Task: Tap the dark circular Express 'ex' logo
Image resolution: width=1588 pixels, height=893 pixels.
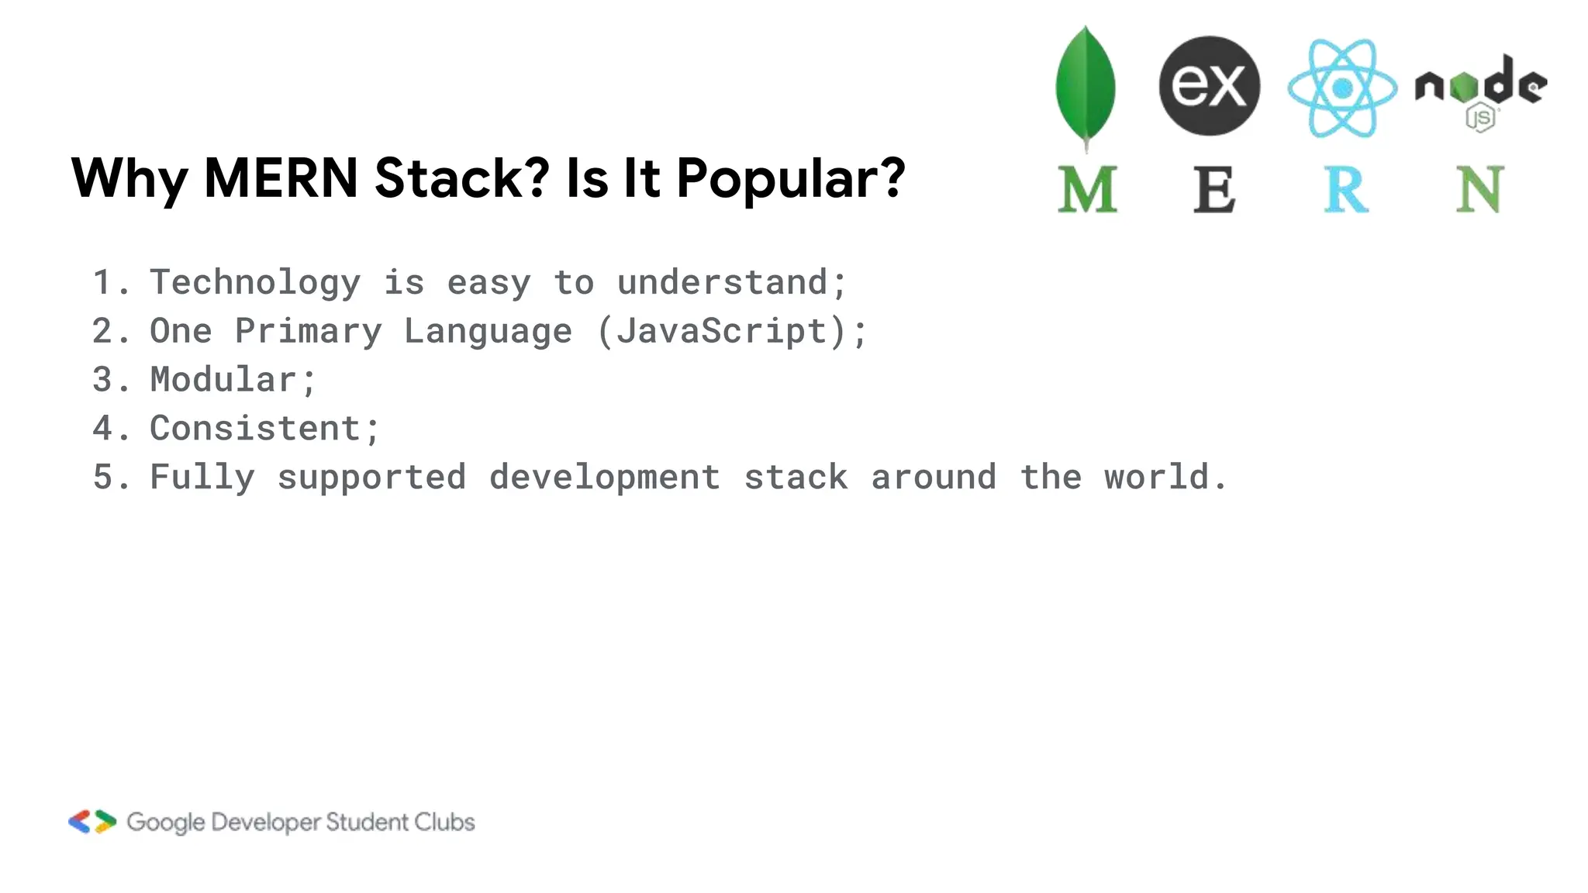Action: point(1209,85)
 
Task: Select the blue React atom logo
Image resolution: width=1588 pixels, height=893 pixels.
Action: point(1342,88)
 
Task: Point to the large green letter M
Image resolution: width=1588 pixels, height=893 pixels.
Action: point(1087,190)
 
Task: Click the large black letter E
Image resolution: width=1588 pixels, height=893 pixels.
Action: point(1213,190)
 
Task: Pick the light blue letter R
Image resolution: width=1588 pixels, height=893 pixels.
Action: point(1345,190)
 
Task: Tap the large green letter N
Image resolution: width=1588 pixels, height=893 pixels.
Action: point(1479,190)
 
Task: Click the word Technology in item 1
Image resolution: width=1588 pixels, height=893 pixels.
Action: point(255,283)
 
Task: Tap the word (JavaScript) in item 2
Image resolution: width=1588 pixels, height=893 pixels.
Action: point(722,332)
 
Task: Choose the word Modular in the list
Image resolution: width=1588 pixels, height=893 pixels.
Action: point(223,380)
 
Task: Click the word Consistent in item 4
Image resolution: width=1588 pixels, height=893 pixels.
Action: point(255,429)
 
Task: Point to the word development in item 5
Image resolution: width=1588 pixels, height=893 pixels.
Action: point(605,478)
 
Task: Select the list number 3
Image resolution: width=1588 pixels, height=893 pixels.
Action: point(102,380)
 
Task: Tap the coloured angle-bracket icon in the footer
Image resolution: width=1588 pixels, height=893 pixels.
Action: point(92,822)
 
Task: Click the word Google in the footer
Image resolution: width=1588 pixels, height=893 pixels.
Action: point(166,822)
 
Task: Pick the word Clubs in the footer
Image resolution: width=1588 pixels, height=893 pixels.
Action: point(444,822)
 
